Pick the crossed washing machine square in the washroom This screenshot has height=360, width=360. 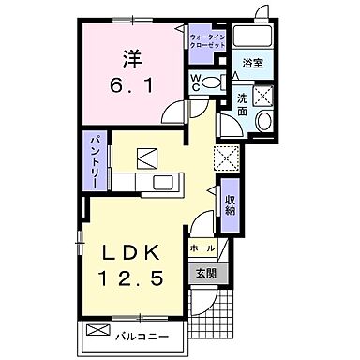click(x=262, y=95)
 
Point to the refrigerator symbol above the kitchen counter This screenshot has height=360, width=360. click(x=147, y=157)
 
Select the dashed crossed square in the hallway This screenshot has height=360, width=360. click(x=226, y=157)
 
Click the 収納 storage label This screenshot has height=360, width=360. click(x=229, y=204)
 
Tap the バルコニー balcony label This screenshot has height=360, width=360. click(x=139, y=332)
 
